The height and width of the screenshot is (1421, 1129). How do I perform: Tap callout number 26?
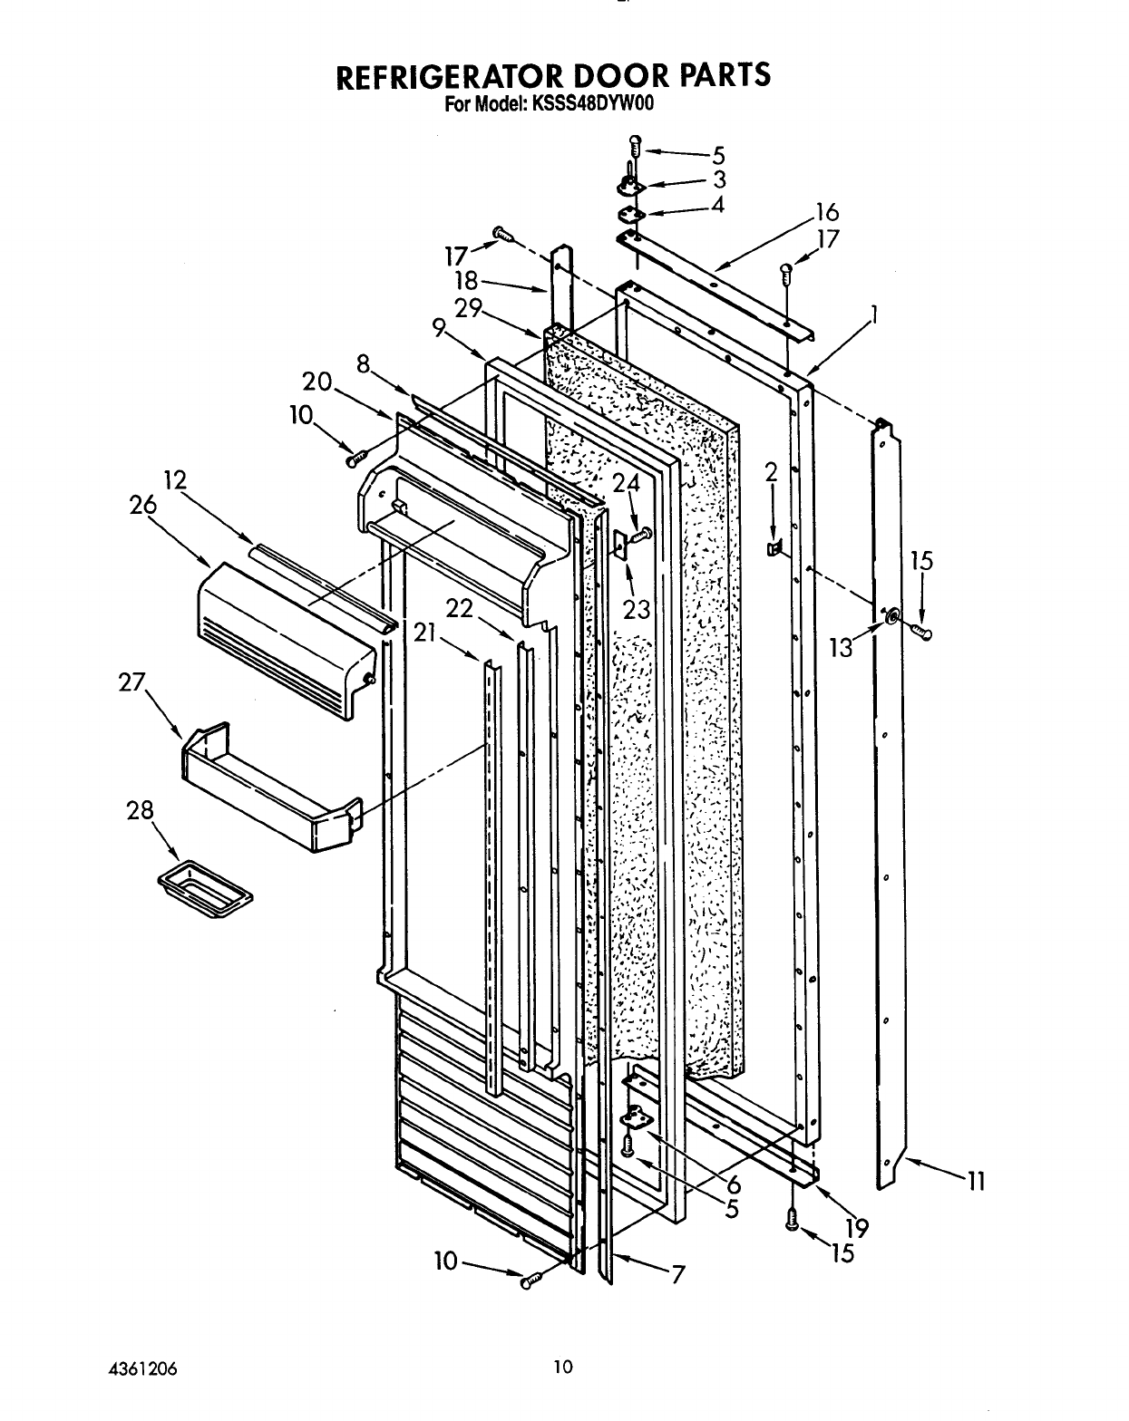(x=143, y=507)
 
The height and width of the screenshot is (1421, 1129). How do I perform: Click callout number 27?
(x=132, y=681)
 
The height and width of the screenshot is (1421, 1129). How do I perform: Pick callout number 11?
(x=976, y=1182)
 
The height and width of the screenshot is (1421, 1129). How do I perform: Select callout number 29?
(x=468, y=308)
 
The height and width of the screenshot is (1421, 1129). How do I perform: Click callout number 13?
(x=842, y=647)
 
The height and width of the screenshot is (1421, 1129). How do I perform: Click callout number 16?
(x=827, y=214)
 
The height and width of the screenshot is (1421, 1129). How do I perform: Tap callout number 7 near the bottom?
(x=677, y=1273)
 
